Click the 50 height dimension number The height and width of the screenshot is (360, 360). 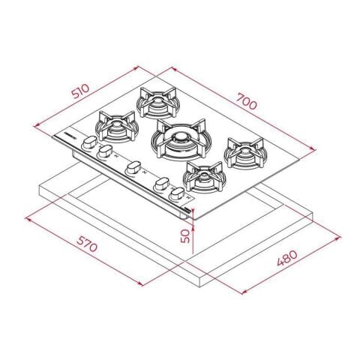click(x=184, y=235)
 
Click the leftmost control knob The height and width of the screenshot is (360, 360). click(x=88, y=142)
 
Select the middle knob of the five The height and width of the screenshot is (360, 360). click(x=133, y=167)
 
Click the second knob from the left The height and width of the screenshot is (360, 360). click(x=104, y=151)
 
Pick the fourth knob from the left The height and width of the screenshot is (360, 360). click(x=160, y=184)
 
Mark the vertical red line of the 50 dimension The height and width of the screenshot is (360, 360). click(x=193, y=234)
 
